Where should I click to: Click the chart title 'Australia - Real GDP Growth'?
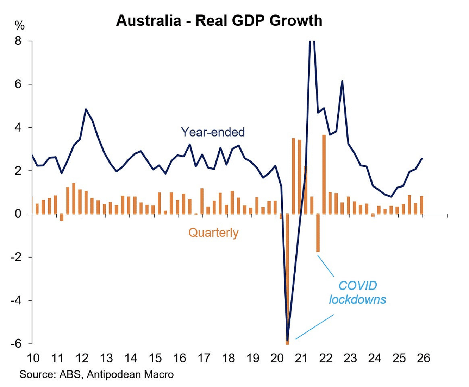pos(219,21)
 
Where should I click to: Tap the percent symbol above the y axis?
pos(20,25)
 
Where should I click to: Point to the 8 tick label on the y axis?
pos(18,41)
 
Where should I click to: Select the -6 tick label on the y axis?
pos(16,343)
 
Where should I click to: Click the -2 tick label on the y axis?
pos(16,257)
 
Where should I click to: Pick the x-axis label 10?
pos(33,358)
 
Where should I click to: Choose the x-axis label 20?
pos(277,358)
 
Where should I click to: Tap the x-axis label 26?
pos(424,358)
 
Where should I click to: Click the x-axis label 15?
pos(155,358)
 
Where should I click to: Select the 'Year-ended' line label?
pos(213,132)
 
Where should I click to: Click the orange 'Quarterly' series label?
pos(213,233)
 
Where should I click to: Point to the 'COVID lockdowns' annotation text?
pos(357,292)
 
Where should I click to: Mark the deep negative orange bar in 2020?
pos(287,278)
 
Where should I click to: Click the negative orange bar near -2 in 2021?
pos(318,233)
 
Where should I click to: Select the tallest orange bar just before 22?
pos(324,174)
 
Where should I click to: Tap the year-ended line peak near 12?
pos(86,109)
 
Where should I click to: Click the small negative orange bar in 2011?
pos(62,217)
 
